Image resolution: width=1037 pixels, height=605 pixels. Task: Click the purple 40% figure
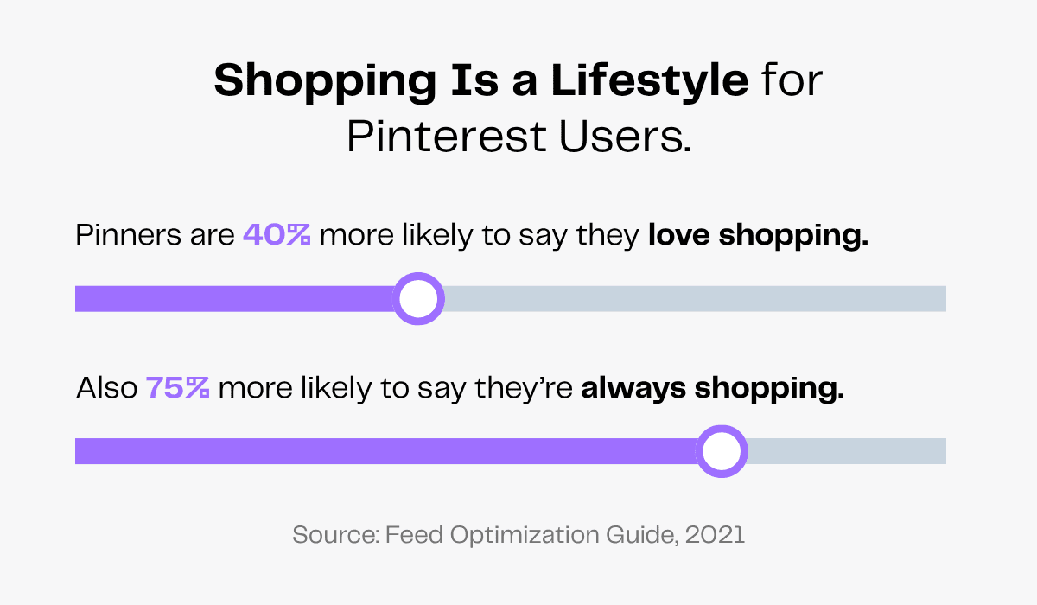tap(277, 235)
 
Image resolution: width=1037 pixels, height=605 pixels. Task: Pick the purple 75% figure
tap(178, 388)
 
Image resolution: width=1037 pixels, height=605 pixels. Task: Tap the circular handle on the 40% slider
tap(418, 299)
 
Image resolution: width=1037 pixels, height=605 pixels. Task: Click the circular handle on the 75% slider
tap(721, 451)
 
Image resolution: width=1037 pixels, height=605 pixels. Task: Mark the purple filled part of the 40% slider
tap(233, 299)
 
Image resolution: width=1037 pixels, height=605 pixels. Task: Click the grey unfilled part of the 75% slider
tap(847, 451)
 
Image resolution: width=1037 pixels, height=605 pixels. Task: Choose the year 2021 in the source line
tap(715, 534)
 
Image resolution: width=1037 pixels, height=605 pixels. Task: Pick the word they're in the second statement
tap(524, 388)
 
